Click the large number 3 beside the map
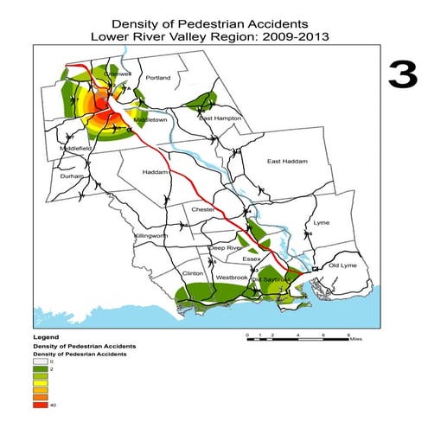(403, 76)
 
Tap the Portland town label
(159, 78)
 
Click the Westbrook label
(231, 278)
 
